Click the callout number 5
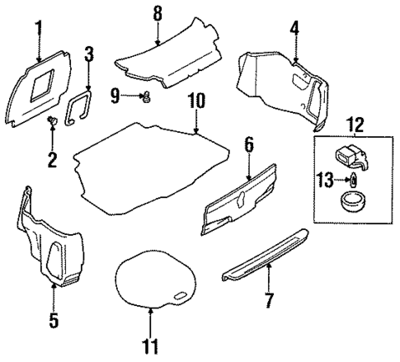pos(54,319)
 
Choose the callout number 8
pos(158,13)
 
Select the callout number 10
pos(195,103)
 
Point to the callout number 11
pos(151,346)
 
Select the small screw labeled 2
pos(50,123)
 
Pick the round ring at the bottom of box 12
pos(351,201)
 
